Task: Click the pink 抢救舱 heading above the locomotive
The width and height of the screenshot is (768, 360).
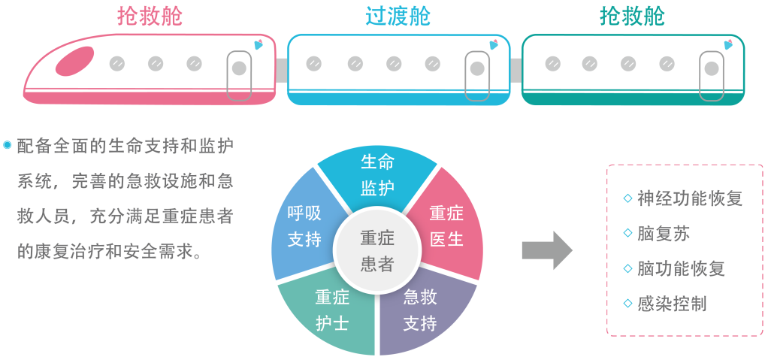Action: pyautogui.click(x=150, y=16)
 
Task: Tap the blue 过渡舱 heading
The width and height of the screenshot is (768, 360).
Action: pyautogui.click(x=398, y=16)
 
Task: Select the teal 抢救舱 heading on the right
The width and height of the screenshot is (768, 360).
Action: pyautogui.click(x=633, y=16)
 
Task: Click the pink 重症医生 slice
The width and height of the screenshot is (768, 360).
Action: pyautogui.click(x=446, y=225)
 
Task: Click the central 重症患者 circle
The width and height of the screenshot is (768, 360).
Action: pyautogui.click(x=376, y=251)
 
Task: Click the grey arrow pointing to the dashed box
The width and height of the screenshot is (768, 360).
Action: pyautogui.click(x=546, y=250)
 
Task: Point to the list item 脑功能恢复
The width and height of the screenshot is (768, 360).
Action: pyautogui.click(x=680, y=268)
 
